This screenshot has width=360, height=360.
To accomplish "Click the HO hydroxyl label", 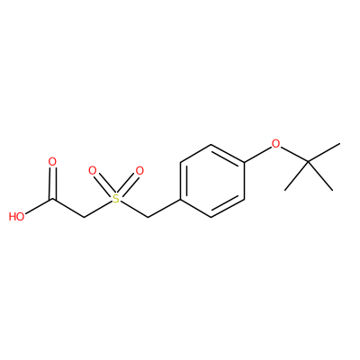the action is (x=16, y=217).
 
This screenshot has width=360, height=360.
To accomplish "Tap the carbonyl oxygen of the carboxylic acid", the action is (x=52, y=162).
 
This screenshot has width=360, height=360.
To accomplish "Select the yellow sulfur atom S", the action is (x=116, y=198).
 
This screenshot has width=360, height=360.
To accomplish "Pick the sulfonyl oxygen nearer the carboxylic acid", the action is (x=93, y=171).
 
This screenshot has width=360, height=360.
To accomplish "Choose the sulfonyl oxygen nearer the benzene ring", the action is (x=139, y=171).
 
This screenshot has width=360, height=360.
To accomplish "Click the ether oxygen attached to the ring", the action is (x=275, y=144).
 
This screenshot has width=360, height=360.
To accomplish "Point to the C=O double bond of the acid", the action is (x=52, y=183).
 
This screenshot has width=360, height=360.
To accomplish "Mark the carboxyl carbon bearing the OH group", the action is (x=53, y=199).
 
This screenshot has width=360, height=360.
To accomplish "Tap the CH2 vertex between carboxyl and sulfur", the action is (x=84, y=217).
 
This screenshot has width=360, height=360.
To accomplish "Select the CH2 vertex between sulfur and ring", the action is (x=148, y=217).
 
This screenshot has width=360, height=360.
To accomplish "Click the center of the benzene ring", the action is (x=212, y=181).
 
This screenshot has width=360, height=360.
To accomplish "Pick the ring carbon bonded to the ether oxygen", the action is (x=244, y=163).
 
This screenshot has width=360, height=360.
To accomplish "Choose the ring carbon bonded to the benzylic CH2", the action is (x=180, y=199).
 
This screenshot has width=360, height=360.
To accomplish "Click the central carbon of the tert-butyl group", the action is (x=309, y=162).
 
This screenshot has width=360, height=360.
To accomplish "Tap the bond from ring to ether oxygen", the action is (x=257, y=155).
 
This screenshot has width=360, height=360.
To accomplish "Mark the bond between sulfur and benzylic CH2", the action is (x=135, y=209).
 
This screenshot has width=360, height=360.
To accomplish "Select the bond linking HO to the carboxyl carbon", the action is (x=39, y=206).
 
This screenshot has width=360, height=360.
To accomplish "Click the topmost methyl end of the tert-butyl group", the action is (x=339, y=144).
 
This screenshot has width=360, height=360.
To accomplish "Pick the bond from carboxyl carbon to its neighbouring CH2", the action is (x=68, y=208).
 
